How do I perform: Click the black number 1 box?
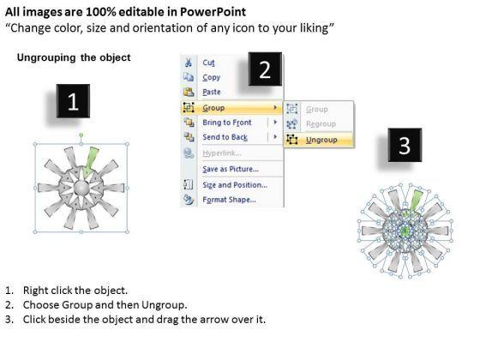pyautogui.click(x=73, y=101)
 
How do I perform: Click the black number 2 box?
pyautogui.click(x=265, y=69)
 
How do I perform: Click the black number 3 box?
pyautogui.click(x=405, y=145)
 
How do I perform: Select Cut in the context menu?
pyautogui.click(x=208, y=63)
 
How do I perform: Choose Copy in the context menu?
pyautogui.click(x=211, y=77)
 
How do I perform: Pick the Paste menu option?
pyautogui.click(x=212, y=92)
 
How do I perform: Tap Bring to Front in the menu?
pyautogui.click(x=227, y=123)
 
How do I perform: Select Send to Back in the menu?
pyautogui.click(x=225, y=137)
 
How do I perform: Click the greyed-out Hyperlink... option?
pyautogui.click(x=222, y=153)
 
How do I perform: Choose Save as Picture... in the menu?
pyautogui.click(x=231, y=169)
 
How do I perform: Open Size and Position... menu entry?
pyautogui.click(x=235, y=185)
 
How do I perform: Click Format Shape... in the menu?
pyautogui.click(x=230, y=200)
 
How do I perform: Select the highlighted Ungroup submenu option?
pyautogui.click(x=321, y=140)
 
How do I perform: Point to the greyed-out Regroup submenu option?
pyautogui.click(x=321, y=124)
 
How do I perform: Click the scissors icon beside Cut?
pyautogui.click(x=188, y=63)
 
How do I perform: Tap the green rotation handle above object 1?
pyautogui.click(x=81, y=135)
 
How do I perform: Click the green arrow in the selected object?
pyautogui.click(x=90, y=162)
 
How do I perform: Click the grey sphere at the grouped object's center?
pyautogui.click(x=81, y=188)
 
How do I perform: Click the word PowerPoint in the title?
pyautogui.click(x=213, y=12)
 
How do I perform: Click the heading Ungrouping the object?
pyautogui.click(x=74, y=57)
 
